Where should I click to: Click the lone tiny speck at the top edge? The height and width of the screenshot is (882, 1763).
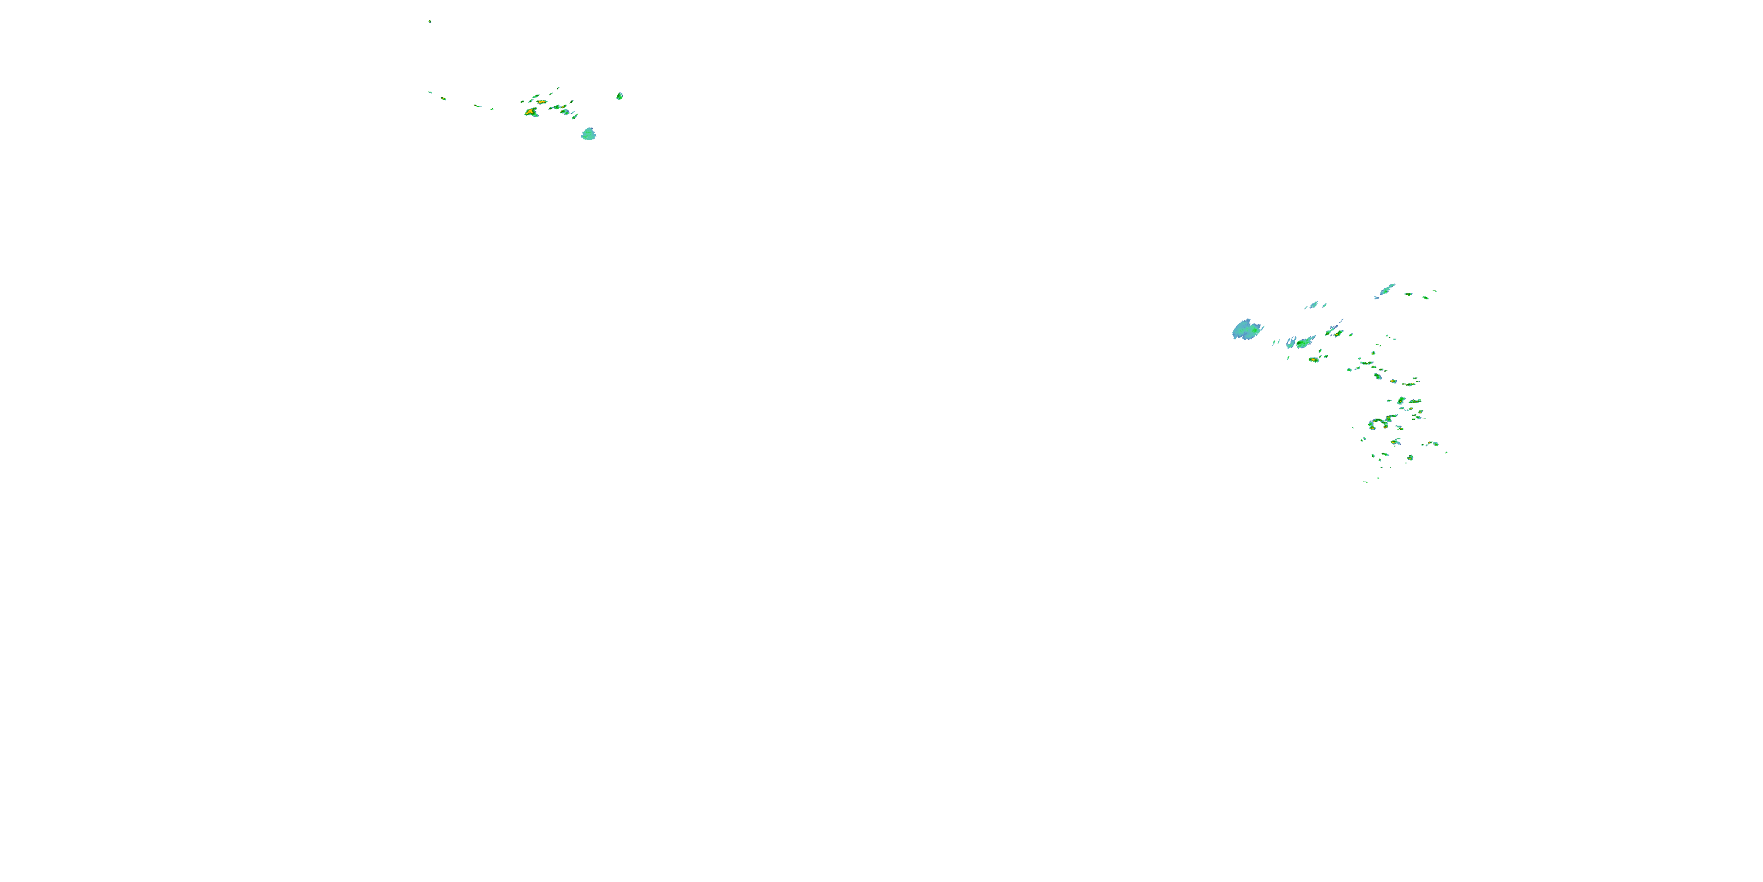click(x=430, y=21)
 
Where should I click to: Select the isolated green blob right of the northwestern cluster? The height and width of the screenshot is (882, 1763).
click(x=619, y=96)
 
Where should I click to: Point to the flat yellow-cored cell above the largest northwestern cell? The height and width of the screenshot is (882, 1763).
click(x=541, y=101)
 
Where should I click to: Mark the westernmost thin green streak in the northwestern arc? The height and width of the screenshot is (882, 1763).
click(x=430, y=92)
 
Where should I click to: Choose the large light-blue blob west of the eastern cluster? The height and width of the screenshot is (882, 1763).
click(x=1247, y=330)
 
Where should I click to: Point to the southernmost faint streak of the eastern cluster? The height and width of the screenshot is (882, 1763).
click(x=1365, y=482)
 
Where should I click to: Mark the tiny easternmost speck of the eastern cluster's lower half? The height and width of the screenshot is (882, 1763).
click(x=1446, y=452)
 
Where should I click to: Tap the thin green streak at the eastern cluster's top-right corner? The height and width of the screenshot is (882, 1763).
click(x=1434, y=291)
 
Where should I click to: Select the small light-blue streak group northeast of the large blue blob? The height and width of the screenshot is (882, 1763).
click(x=1313, y=305)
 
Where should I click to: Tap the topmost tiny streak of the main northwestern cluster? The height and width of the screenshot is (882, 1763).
click(x=558, y=88)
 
